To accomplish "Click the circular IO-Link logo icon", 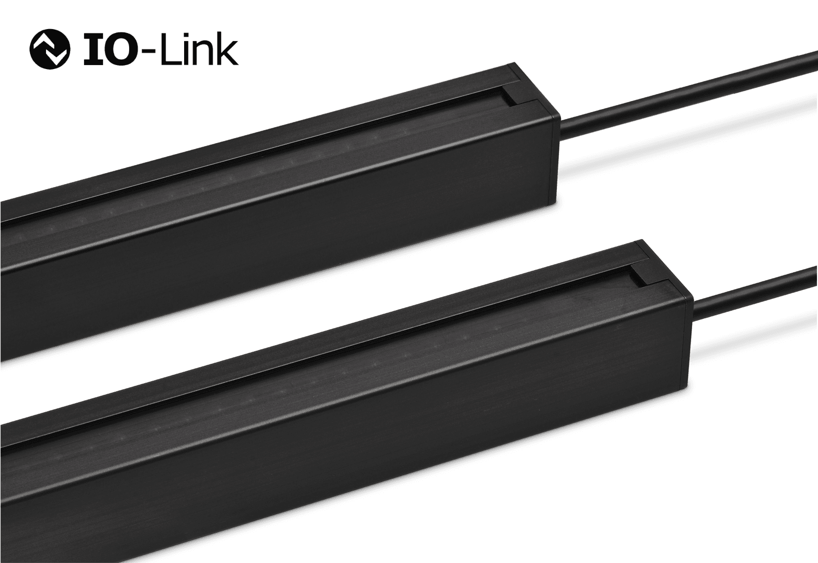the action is click(50, 50).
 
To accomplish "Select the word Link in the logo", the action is click(200, 49).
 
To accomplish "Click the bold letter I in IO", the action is click(93, 50).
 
